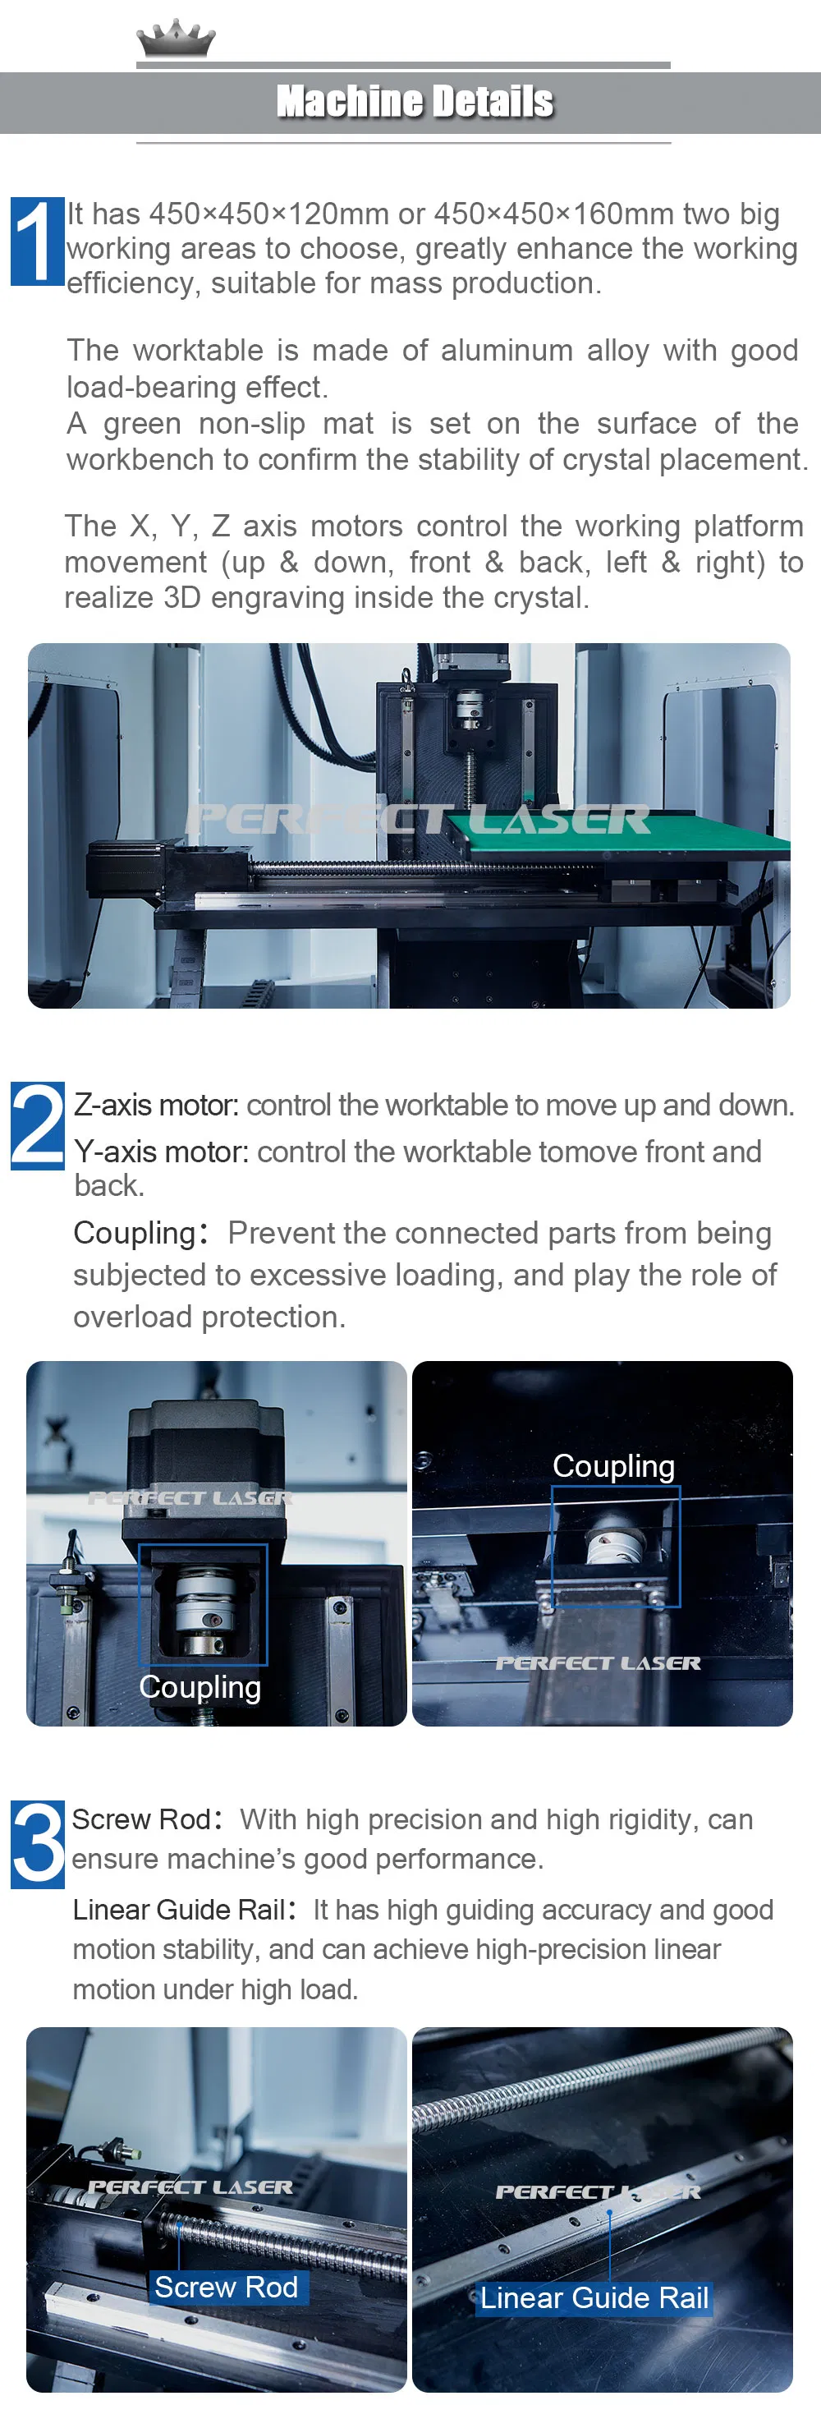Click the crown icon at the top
point(176,39)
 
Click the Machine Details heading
point(415,102)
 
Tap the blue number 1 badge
point(37,241)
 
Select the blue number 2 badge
point(37,1125)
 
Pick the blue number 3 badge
point(37,1844)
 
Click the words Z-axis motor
point(155,1105)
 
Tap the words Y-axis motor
point(161,1152)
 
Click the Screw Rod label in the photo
point(227,2287)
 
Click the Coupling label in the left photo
point(200,1686)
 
